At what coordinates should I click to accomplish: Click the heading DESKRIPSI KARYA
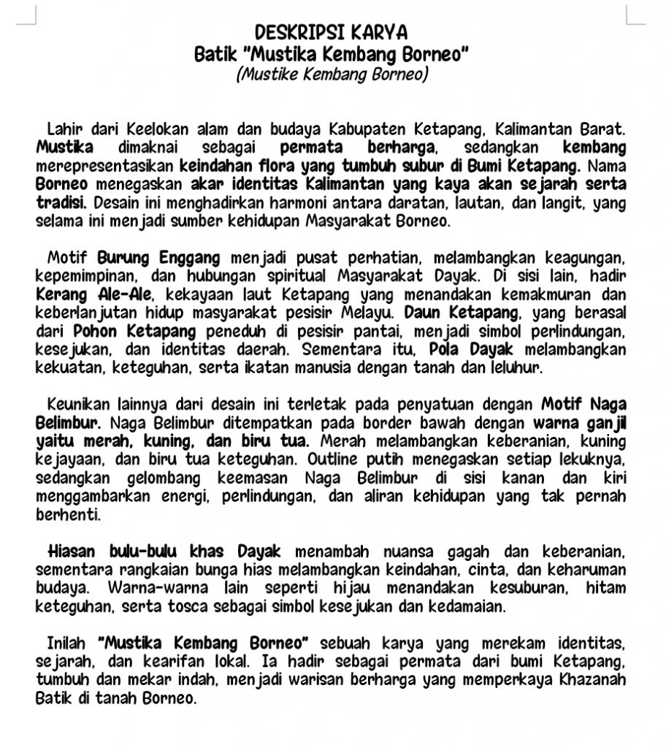332,32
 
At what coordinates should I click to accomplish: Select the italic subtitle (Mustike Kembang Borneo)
332,75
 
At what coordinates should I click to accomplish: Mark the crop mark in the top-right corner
634,15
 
